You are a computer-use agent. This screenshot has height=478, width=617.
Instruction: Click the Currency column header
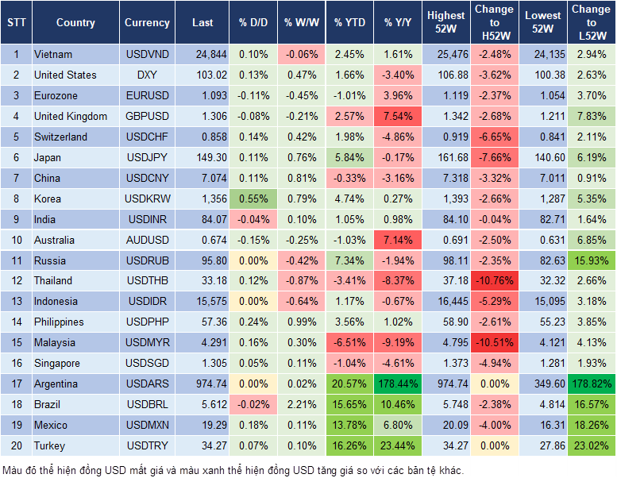[x=147, y=23]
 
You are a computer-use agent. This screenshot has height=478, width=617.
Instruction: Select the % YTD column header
[x=349, y=23]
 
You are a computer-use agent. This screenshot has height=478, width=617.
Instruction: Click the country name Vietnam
[x=53, y=54]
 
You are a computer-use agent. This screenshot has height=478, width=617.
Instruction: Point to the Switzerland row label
[x=61, y=137]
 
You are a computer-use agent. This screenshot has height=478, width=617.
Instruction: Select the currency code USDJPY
[x=147, y=157]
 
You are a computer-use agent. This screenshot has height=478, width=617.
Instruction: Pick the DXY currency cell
[x=147, y=75]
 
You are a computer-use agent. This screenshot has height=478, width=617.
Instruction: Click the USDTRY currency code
[x=147, y=445]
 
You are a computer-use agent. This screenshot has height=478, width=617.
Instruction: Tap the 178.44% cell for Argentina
[x=399, y=384]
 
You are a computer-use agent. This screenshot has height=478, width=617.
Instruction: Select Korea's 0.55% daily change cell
[x=253, y=199]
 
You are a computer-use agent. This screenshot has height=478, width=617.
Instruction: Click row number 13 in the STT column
[x=15, y=301]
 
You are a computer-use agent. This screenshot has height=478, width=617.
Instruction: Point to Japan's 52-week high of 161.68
[x=446, y=157]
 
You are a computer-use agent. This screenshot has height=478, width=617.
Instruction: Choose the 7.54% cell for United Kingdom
[x=399, y=116]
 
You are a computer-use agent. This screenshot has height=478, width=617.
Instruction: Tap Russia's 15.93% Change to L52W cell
[x=592, y=260]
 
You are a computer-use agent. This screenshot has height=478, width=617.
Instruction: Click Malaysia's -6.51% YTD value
[x=349, y=342]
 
